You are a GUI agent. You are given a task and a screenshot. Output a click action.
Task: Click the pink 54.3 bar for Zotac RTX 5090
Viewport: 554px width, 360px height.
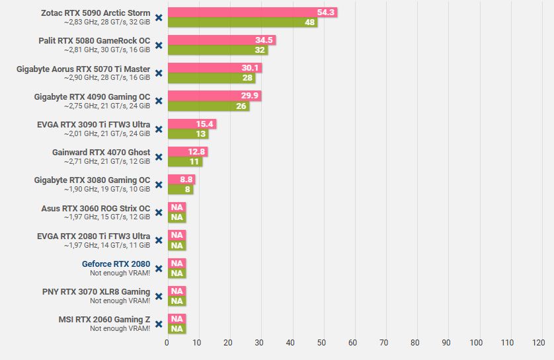(x=251, y=13)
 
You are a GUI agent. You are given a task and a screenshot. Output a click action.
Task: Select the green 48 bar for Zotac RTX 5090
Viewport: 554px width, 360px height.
(x=242, y=22)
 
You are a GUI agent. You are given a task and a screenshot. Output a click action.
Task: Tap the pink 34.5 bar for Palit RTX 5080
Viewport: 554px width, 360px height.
(x=221, y=40)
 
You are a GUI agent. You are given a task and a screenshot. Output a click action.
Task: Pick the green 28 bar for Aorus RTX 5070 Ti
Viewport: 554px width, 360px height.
(x=211, y=78)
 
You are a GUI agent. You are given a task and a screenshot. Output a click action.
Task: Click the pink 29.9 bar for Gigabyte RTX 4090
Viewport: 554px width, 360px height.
(x=214, y=96)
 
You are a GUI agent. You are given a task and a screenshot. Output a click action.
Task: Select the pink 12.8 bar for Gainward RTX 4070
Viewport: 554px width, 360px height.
(x=188, y=152)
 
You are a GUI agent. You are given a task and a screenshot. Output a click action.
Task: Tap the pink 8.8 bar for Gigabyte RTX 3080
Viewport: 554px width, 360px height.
(x=181, y=179)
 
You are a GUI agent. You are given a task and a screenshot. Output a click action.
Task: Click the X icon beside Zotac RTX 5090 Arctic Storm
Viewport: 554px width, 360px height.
(x=159, y=18)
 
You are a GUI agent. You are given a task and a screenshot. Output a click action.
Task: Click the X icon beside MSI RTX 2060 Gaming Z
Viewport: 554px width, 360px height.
(x=159, y=324)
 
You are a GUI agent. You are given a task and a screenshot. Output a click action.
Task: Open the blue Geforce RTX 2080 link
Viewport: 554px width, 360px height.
(x=116, y=264)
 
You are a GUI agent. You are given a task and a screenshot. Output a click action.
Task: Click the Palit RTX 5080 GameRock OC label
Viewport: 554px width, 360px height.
(x=95, y=41)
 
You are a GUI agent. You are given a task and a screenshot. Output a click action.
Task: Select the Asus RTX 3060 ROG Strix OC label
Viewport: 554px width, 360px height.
(x=96, y=209)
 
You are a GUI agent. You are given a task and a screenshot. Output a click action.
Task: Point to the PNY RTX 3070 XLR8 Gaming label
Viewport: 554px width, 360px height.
(x=97, y=292)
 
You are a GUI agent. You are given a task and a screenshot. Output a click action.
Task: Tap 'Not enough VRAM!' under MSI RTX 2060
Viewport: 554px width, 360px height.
(x=120, y=328)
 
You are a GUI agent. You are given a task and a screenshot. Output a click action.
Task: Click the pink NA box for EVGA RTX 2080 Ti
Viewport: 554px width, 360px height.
(x=177, y=235)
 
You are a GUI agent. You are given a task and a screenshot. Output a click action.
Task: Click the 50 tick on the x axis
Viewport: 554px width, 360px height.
(x=321, y=343)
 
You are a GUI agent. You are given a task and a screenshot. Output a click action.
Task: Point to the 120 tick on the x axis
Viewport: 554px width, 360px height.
(x=538, y=343)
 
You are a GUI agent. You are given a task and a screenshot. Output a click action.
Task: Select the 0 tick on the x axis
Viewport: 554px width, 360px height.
(x=167, y=343)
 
